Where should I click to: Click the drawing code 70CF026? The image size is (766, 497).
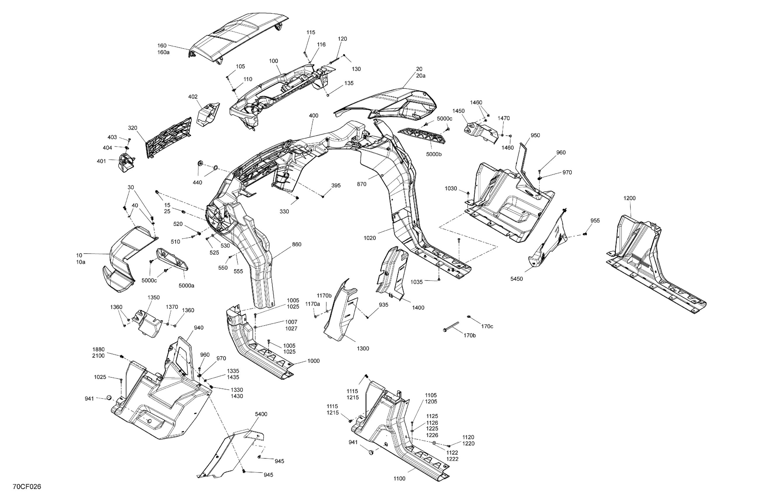(27, 487)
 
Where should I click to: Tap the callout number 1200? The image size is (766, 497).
(630, 198)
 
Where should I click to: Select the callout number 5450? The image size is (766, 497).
(517, 279)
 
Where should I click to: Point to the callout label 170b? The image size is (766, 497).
(469, 336)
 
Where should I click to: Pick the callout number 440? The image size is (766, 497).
(197, 183)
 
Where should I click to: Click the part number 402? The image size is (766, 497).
(193, 97)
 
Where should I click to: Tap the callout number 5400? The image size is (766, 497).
(261, 414)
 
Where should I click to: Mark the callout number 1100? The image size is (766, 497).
(399, 479)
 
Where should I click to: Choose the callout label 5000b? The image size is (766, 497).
(434, 154)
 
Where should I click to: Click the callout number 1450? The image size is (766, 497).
(458, 111)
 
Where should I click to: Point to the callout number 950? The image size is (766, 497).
(535, 135)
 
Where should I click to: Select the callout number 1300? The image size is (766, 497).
(363, 348)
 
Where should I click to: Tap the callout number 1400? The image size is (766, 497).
(418, 308)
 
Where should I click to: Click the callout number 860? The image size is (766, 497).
(297, 244)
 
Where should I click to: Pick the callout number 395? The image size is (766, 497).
(336, 186)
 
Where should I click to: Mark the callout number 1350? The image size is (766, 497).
(154, 298)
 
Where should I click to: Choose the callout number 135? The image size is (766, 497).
(349, 83)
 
